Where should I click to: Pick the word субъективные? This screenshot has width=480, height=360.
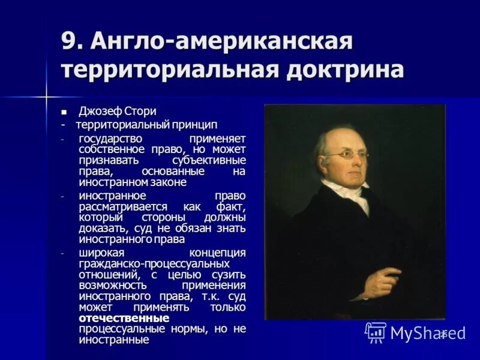[209, 160]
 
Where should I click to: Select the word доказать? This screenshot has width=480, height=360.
[102, 228]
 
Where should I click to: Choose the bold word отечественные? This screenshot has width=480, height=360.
[124, 317]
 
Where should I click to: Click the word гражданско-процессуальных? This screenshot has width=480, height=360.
[154, 263]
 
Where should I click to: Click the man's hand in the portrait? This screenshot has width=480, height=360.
[376, 276]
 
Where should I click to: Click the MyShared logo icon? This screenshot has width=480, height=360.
[376, 332]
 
